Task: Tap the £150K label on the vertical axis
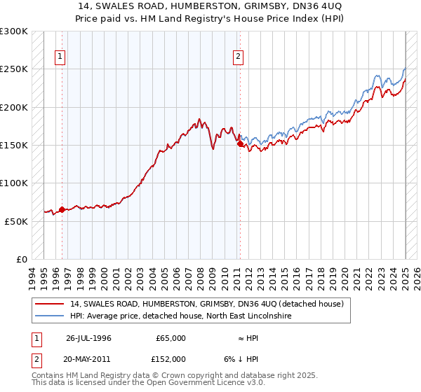14,146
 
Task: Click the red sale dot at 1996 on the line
62,209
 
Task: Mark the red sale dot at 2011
240,143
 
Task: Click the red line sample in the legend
51,304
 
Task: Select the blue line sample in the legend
51,316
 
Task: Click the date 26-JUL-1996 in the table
88,338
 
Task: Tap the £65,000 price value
171,338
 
